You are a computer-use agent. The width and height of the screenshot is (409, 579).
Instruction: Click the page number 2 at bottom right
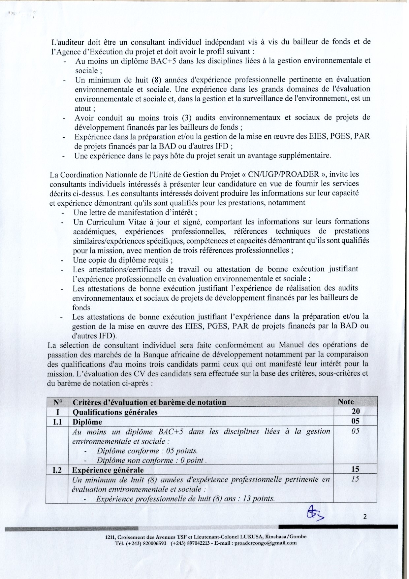[365, 517]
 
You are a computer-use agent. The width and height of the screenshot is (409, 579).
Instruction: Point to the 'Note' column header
[346, 402]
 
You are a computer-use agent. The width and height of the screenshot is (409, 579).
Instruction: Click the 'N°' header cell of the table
[58, 402]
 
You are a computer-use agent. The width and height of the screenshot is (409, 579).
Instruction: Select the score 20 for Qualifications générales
[356, 411]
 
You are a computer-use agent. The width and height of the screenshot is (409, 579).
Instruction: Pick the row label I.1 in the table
[58, 422]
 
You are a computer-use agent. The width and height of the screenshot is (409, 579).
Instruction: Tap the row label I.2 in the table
[57, 470]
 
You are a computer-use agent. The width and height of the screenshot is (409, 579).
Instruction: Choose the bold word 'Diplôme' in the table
[87, 422]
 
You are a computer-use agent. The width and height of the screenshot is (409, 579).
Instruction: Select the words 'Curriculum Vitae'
[106, 222]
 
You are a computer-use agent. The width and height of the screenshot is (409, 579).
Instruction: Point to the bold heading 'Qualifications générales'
[115, 412]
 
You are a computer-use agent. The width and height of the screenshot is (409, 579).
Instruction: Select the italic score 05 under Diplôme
[355, 431]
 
